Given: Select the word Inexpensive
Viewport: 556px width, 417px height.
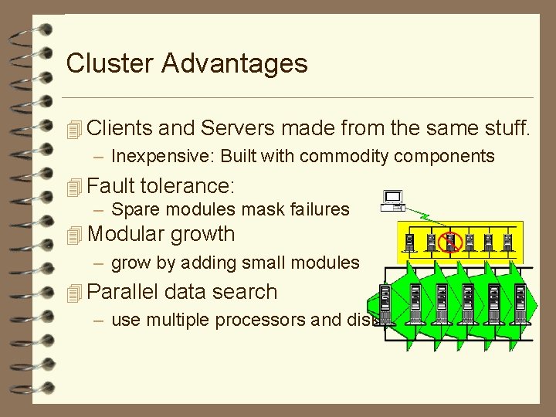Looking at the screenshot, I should coord(160,156).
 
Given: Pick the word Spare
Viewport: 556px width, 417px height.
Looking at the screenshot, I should coord(134,209).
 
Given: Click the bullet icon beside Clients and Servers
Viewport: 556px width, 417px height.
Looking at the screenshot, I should coord(74,129).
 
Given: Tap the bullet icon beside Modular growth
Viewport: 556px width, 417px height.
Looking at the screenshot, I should coord(74,235).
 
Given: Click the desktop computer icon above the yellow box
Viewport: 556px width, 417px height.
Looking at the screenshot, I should coord(394,201).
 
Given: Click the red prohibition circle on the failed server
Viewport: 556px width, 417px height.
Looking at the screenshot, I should coord(449,242).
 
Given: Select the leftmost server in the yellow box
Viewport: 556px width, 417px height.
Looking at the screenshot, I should coord(409,242).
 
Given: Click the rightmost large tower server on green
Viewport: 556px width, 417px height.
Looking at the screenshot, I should coord(520,298).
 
